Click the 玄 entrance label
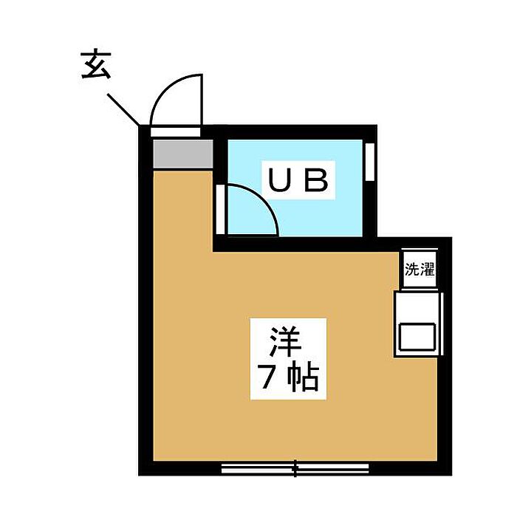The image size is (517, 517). coord(94,67)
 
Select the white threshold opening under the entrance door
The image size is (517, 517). coord(176,131)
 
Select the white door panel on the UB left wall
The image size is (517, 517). coord(220,208)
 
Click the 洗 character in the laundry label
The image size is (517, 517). coord(411,270)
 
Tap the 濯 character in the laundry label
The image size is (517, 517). coord(426,270)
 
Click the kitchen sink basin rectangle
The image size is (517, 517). coord(419,337)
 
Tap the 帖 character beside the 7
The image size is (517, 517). coord(302,379)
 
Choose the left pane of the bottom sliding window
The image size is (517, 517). coord(258,467)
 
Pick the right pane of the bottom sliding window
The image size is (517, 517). coord(332,467)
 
